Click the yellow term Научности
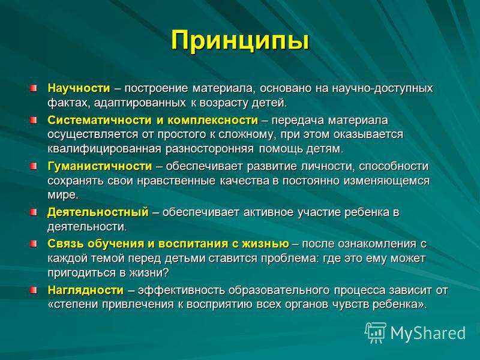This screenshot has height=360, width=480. tap(79, 88)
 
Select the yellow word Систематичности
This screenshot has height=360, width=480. tap(100, 120)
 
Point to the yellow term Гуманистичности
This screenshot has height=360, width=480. tap(100, 166)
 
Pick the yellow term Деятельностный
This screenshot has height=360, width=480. tap(98, 212)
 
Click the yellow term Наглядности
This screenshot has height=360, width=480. tap(86, 290)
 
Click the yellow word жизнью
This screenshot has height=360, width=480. tap(265, 244)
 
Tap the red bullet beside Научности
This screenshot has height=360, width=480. tap(34, 88)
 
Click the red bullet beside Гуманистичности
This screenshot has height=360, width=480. tap(34, 166)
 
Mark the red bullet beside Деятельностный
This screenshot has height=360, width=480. tap(34, 212)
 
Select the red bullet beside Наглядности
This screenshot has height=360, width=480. tap(34, 290)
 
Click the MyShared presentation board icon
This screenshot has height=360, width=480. tap(376, 332)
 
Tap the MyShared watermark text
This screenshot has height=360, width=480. tap(428, 333)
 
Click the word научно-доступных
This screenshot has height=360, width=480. tap(382, 88)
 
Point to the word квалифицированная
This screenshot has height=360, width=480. tap(104, 149)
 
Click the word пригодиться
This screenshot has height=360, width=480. tap(82, 273)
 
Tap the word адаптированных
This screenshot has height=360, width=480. tap(140, 103)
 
